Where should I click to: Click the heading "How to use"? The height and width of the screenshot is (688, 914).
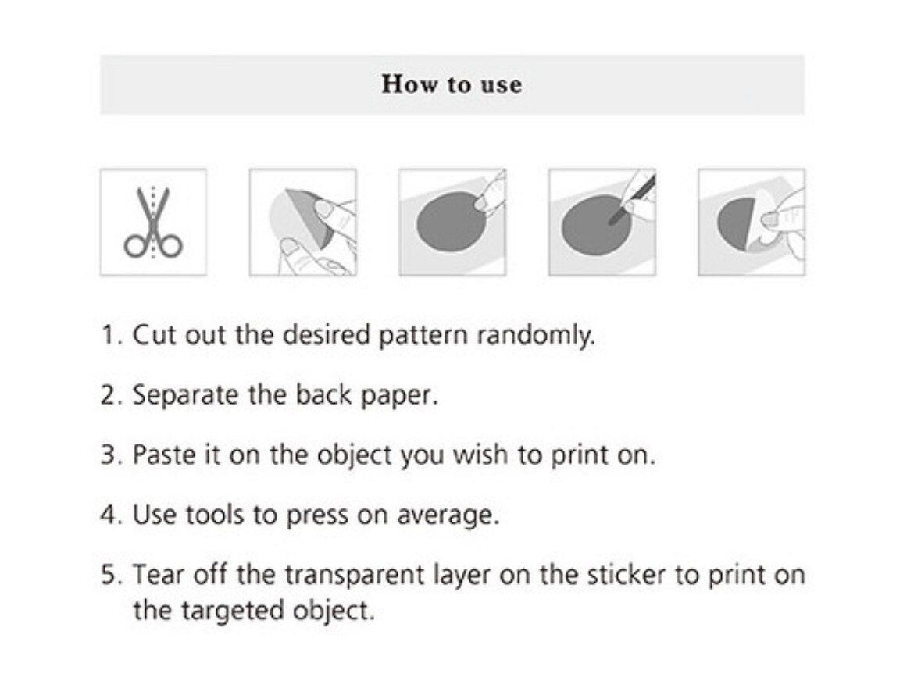(x=452, y=84)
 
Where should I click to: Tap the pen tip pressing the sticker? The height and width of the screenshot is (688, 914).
(x=612, y=221)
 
